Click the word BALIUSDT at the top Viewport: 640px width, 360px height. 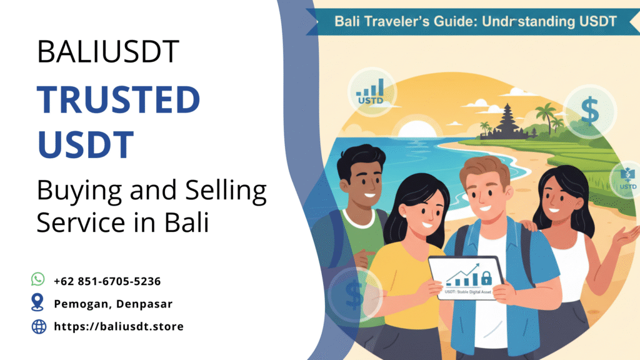click(108, 52)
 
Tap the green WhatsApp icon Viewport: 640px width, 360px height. click(39, 279)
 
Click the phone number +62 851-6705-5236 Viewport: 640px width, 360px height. click(111, 281)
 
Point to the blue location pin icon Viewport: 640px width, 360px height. click(39, 303)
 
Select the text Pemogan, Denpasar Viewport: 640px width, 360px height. click(112, 304)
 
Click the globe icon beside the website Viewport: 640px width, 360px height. click(39, 326)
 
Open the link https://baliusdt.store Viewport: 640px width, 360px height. click(119, 326)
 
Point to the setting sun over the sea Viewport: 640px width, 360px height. click(413, 133)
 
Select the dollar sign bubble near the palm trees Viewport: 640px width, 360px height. click(589, 110)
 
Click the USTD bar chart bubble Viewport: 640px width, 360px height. click(372, 91)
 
